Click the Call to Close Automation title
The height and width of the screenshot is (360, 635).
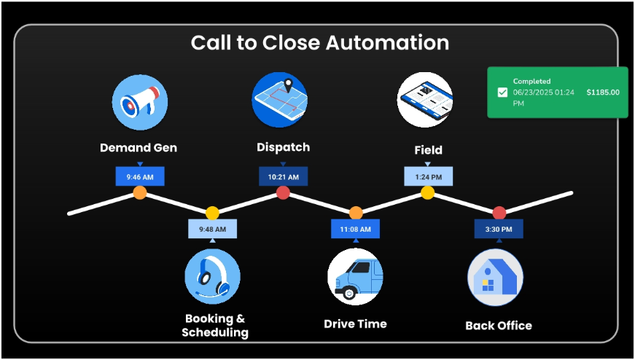pos(319,42)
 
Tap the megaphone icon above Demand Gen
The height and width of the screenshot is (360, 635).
pos(140,102)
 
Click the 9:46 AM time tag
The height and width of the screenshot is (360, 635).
pos(140,176)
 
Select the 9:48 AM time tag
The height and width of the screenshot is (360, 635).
pos(212,229)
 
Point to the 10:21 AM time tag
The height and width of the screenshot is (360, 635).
pos(283,176)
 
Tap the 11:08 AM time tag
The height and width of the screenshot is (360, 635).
pos(355,229)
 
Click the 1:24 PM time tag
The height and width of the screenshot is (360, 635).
pos(428,176)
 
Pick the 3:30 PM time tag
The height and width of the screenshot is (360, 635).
pos(499,229)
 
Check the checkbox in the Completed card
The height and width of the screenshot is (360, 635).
pos(502,93)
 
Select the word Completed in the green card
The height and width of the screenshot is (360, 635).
pos(531,82)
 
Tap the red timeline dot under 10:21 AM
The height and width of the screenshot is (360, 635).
pos(283,192)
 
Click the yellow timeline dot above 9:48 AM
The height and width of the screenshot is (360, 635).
pos(212,213)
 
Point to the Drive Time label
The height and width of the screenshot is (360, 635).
pos(355,324)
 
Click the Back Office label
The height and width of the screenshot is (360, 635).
pos(499,325)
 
